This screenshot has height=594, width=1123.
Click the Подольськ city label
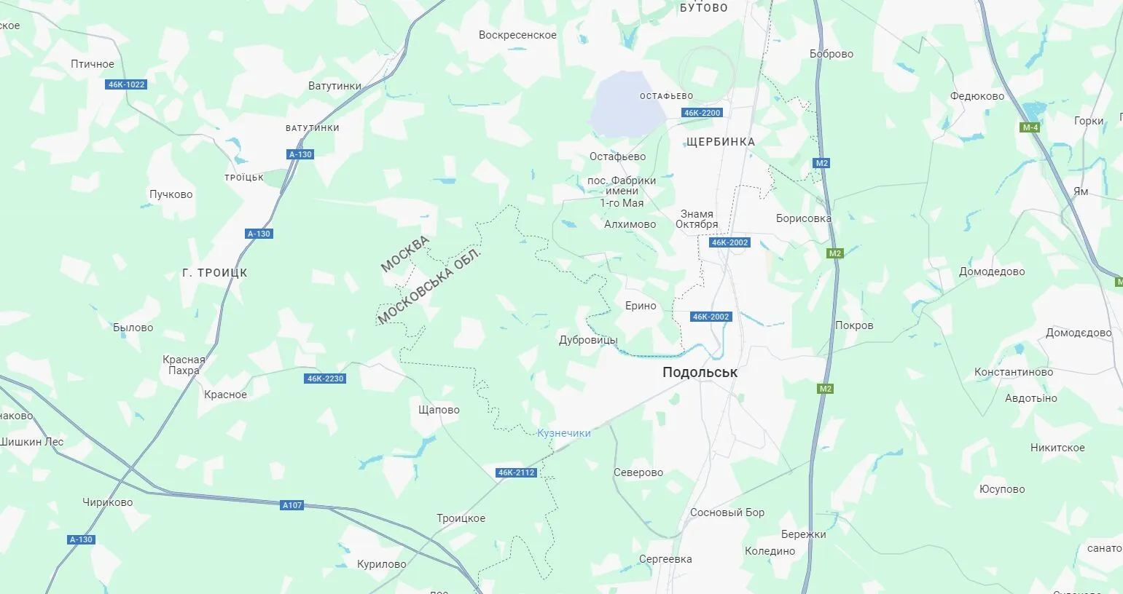(x=699, y=372)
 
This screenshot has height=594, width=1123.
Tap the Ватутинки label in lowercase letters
(x=334, y=86)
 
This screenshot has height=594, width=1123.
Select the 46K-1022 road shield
(x=127, y=84)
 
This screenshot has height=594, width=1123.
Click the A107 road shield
(x=291, y=505)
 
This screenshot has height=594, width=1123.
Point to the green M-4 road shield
(x=1030, y=127)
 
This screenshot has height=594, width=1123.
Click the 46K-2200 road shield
(x=702, y=113)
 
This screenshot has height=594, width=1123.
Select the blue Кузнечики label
(x=563, y=433)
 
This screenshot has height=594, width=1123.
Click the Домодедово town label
(x=991, y=272)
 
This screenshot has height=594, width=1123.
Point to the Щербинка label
(x=720, y=142)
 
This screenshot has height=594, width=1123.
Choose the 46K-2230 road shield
(x=325, y=379)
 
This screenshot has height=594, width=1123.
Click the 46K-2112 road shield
(x=516, y=472)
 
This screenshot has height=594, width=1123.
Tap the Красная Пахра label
(x=184, y=365)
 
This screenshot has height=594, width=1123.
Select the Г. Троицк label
(x=214, y=273)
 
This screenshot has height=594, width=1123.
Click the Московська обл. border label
(x=430, y=286)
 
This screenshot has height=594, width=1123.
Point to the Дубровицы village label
(x=587, y=340)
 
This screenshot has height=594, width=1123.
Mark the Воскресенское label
(x=517, y=35)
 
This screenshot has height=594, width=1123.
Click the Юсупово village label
(x=1001, y=489)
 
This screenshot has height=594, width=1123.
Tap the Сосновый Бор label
(x=727, y=512)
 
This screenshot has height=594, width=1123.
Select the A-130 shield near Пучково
(x=259, y=234)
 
